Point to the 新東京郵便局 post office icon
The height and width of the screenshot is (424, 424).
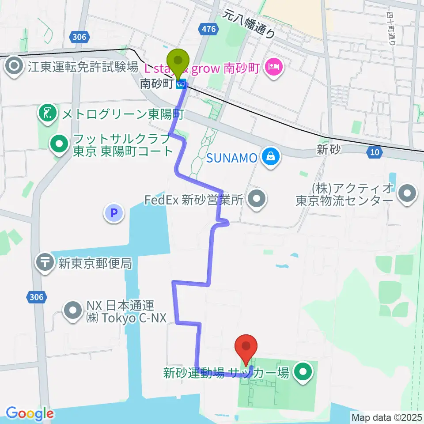pyautogui.click(x=46, y=263)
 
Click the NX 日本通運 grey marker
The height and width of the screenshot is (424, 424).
pyautogui.click(x=71, y=311)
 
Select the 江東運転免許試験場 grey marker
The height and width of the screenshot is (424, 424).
pyautogui.click(x=14, y=67)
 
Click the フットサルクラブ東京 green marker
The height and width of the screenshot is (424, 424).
pyautogui.click(x=58, y=144)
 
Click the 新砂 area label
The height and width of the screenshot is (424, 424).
pyautogui.click(x=328, y=150)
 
